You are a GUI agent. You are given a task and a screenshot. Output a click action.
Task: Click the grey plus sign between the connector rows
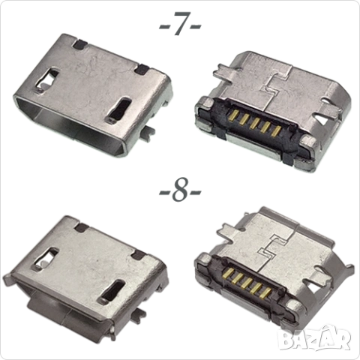pyautogui.click(x=180, y=190)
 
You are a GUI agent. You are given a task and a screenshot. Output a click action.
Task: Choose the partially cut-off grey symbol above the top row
pyautogui.click(x=180, y=20)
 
